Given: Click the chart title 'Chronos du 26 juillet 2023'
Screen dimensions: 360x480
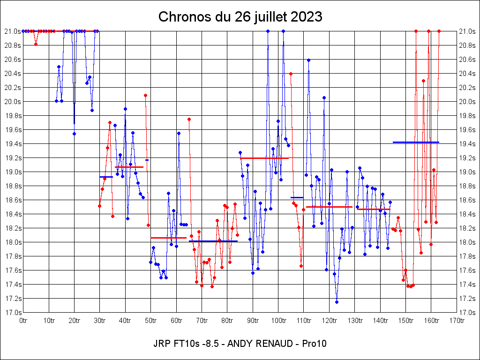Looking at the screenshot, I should (240, 17).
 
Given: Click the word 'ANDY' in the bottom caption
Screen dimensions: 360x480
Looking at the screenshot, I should (239, 344).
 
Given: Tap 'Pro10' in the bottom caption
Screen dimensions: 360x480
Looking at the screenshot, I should (314, 344).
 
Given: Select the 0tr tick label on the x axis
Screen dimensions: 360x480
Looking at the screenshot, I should (23, 321).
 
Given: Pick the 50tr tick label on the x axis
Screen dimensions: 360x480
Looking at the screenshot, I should (151, 321).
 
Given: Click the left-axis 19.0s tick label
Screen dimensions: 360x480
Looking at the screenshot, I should (13, 172).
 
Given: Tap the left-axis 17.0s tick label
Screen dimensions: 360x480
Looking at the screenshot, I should (13, 313).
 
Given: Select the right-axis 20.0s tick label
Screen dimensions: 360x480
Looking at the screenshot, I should (467, 102).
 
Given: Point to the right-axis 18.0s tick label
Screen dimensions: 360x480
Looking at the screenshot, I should (467, 242).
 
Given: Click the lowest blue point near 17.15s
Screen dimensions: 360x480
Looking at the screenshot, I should (337, 302).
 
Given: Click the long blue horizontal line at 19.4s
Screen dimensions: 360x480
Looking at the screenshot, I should (416, 142).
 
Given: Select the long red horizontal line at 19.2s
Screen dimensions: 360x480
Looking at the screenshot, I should (264, 158).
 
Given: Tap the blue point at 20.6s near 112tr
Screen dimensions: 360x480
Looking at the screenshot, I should (308, 60).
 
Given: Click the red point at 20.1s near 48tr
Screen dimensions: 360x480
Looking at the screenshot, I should (145, 95).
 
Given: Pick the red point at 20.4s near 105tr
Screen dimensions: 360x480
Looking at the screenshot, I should (291, 74).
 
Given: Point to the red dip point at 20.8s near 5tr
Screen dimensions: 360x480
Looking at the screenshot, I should (36, 44).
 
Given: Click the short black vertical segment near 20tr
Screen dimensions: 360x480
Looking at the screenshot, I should (74, 113).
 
